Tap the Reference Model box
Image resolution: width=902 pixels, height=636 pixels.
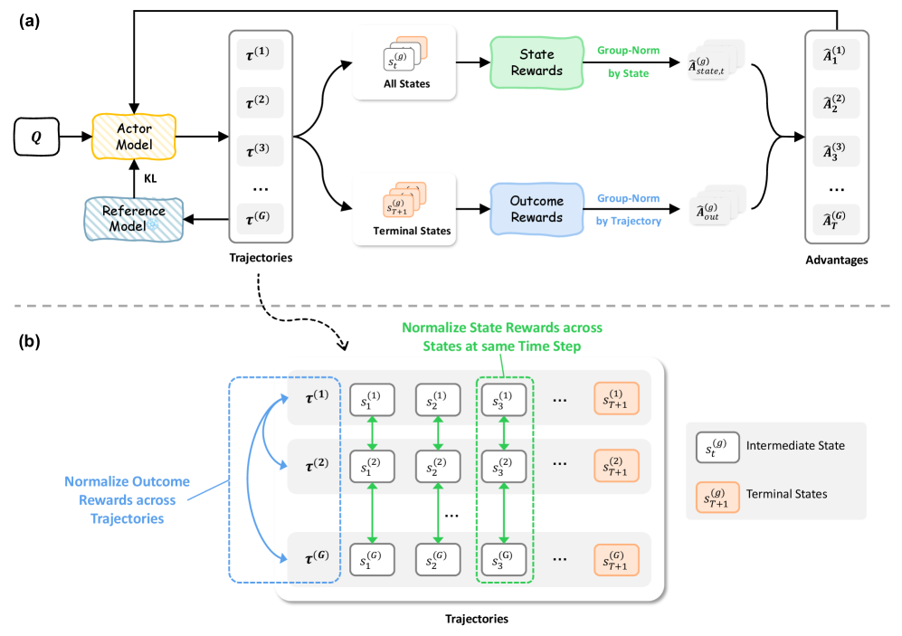133,217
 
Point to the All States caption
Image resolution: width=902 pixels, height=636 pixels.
404,84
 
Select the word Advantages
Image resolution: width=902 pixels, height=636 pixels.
838,260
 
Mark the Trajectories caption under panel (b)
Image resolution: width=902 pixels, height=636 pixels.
477,620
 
